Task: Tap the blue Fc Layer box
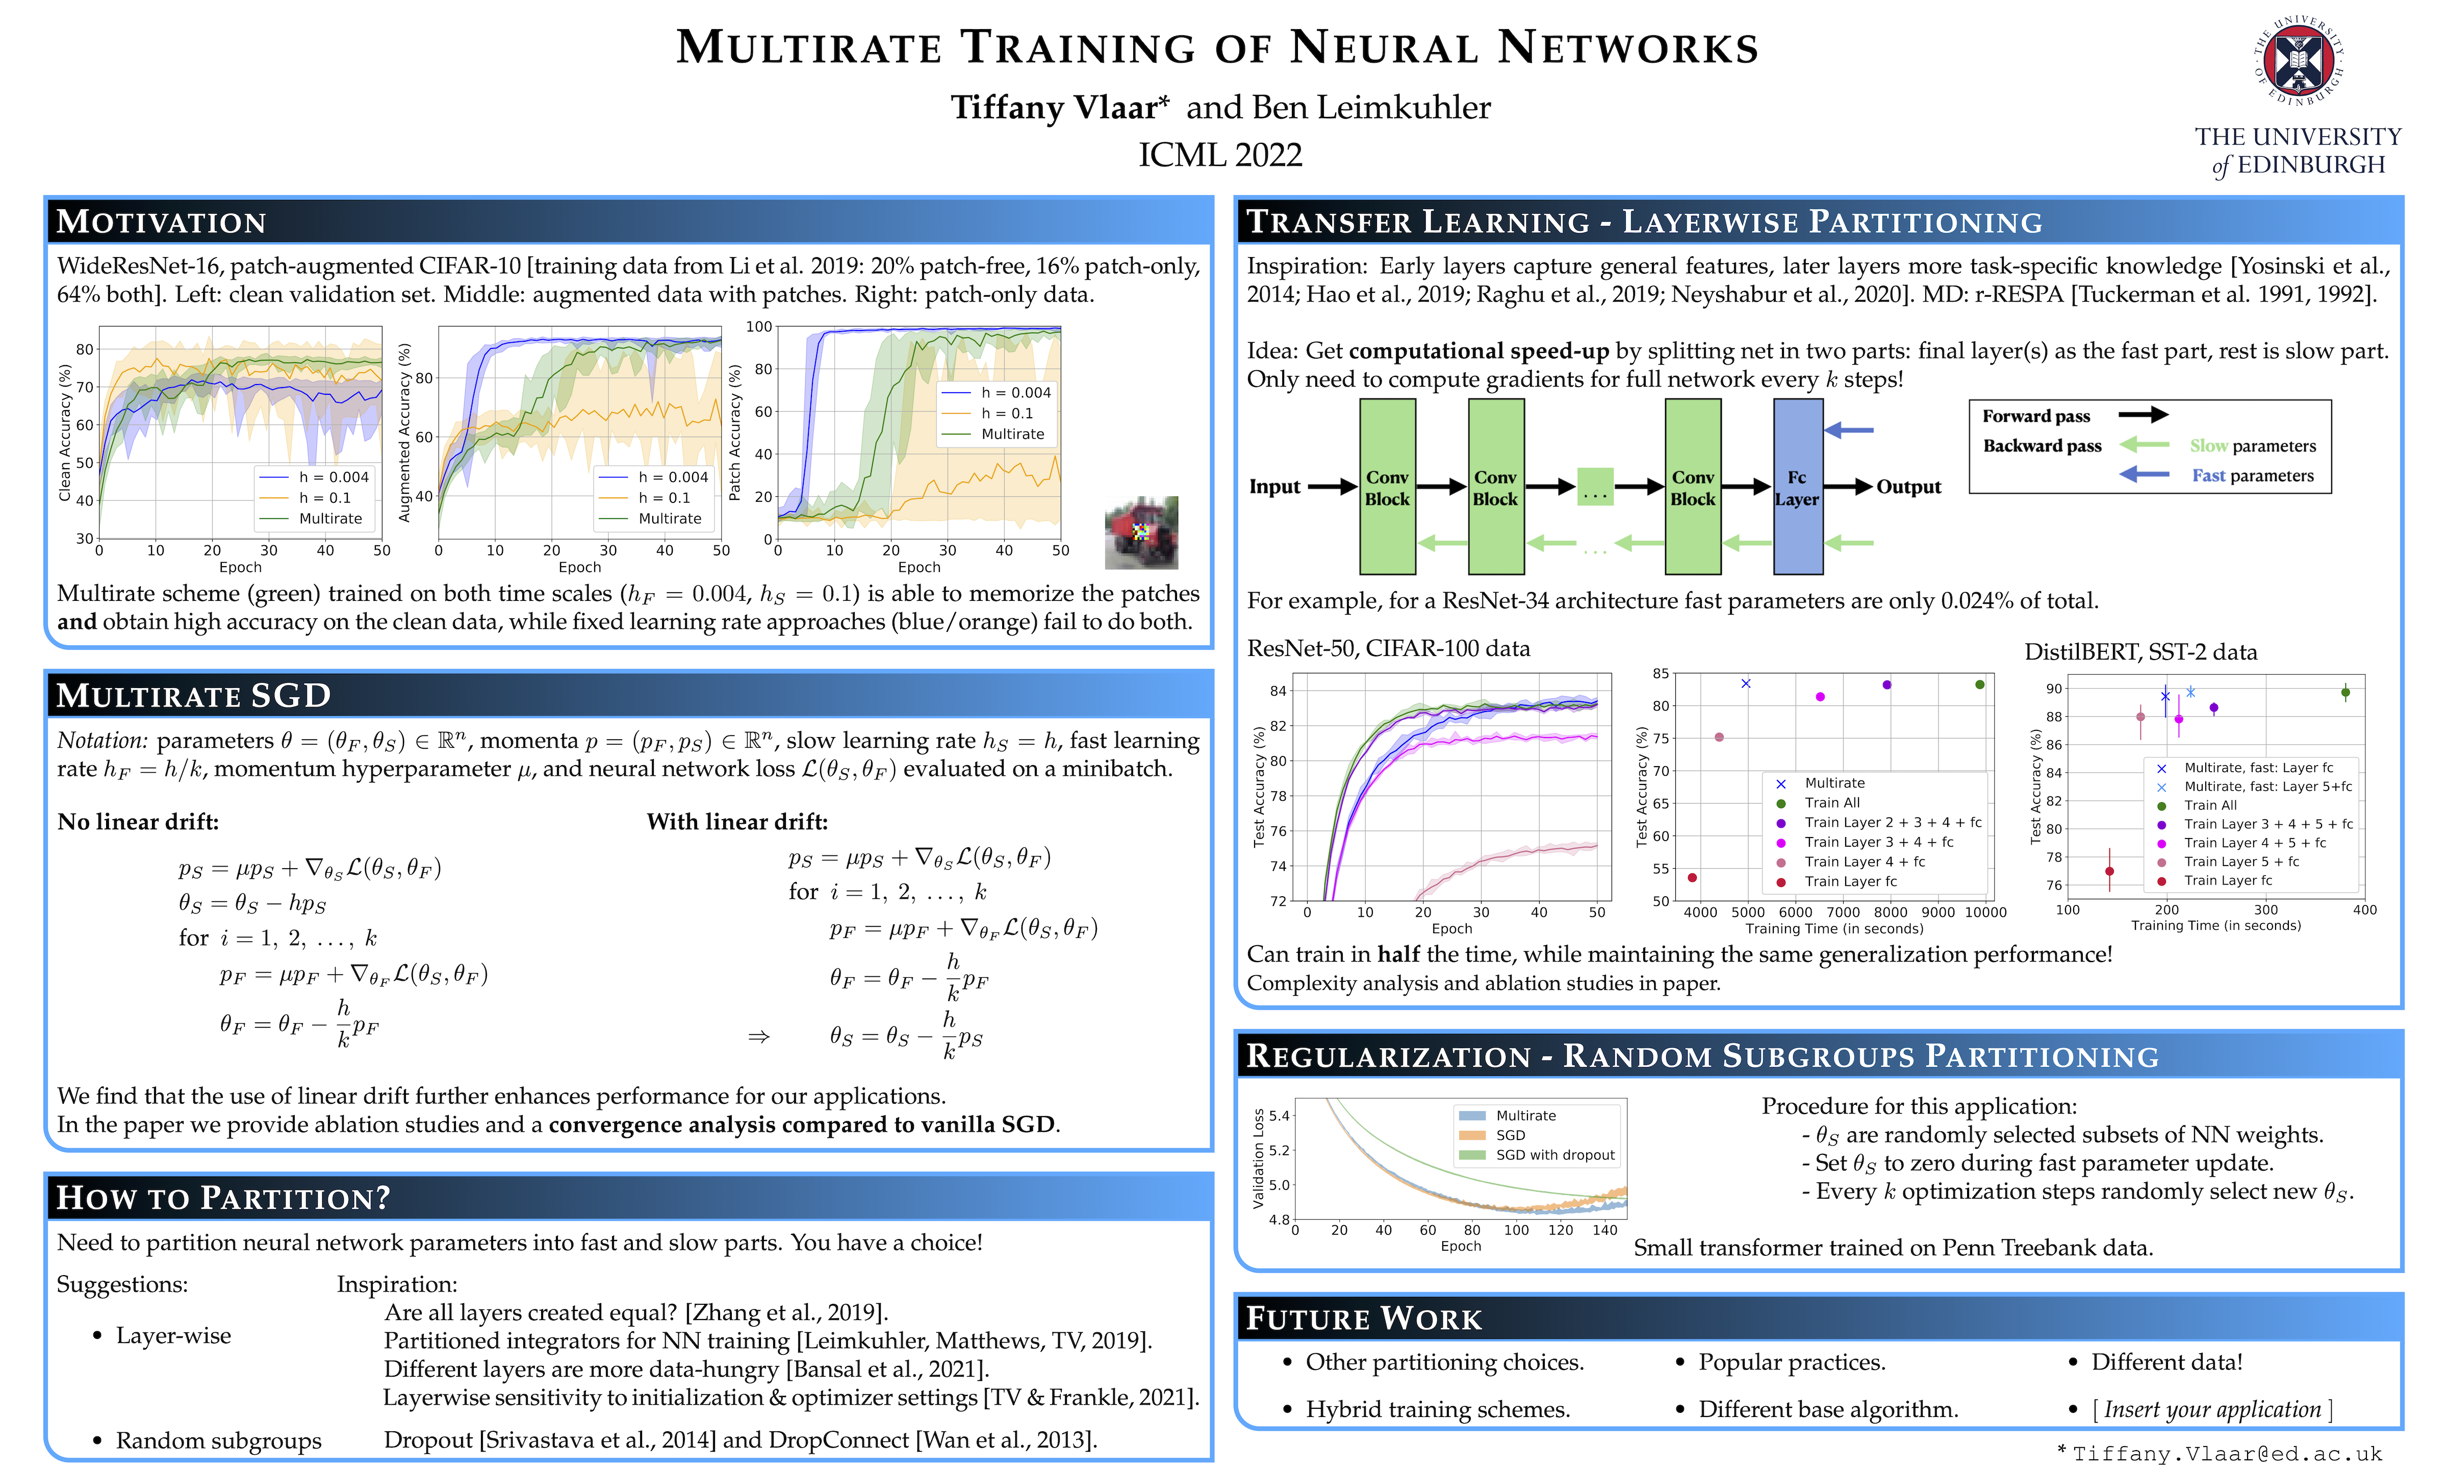[1797, 487]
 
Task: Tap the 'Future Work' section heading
[1364, 1319]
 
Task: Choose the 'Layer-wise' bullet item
[173, 1335]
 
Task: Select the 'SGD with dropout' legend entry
[1554, 1155]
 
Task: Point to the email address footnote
[2226, 1453]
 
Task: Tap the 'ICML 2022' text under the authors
[1220, 156]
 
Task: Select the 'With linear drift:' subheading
[737, 822]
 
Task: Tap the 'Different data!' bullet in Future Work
[2166, 1362]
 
